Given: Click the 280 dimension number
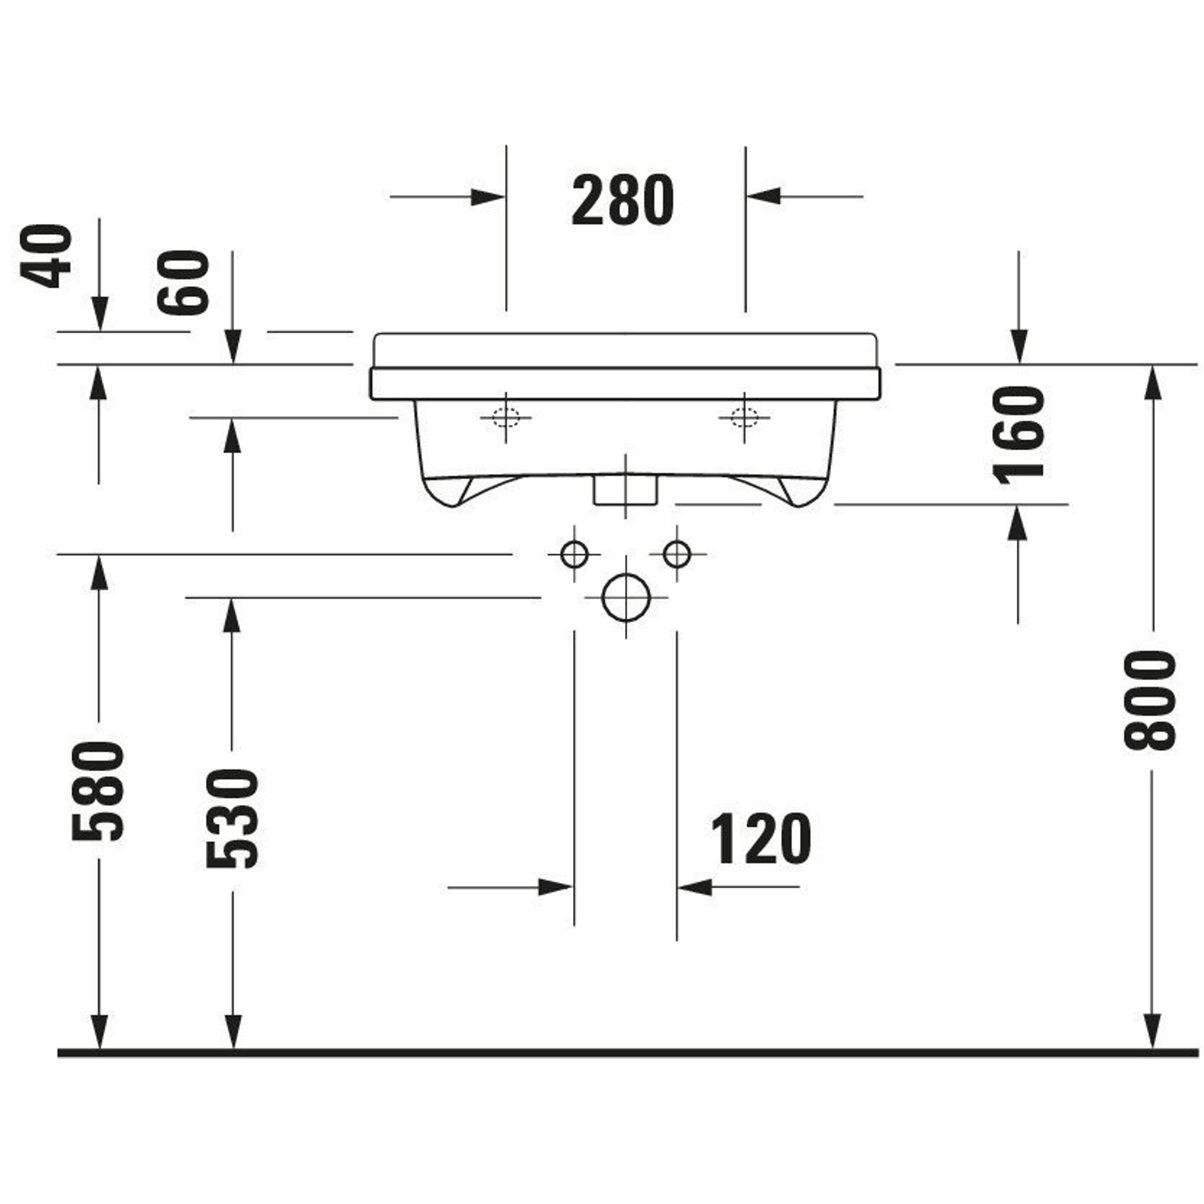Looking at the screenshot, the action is tap(622, 200).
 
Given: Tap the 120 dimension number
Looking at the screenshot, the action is tap(761, 839).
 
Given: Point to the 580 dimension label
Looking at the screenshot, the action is tap(98, 792).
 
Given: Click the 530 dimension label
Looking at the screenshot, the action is tap(232, 818).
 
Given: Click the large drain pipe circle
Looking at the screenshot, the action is tap(625, 598).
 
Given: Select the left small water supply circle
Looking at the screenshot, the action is tap(574, 554).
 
